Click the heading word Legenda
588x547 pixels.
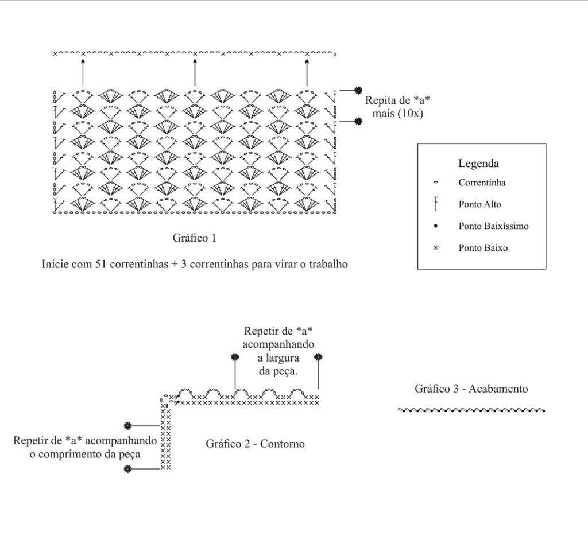[478, 164]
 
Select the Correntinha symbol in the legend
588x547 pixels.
[435, 183]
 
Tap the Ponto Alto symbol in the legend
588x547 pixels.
[435, 204]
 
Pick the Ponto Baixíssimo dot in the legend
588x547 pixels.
[435, 226]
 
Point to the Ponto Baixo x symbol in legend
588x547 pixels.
[435, 247]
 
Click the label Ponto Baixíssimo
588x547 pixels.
[493, 226]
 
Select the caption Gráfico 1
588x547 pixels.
[194, 238]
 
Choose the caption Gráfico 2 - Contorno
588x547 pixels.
[255, 444]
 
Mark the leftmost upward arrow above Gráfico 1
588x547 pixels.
[83, 72]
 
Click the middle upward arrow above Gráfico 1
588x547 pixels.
[195, 72]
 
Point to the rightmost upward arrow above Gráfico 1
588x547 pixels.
[307, 72]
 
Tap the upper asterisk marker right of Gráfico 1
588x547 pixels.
[358, 90]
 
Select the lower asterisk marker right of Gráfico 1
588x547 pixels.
[358, 121]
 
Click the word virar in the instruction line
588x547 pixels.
[265, 264]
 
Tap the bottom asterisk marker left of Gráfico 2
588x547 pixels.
[128, 468]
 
